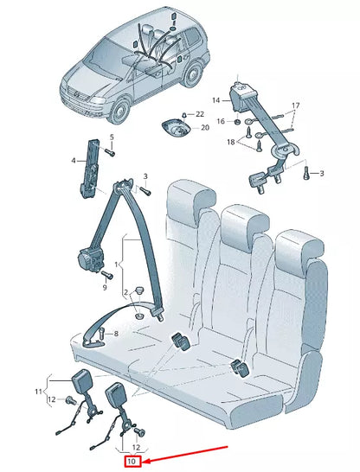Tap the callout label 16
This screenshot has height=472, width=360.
(x=221, y=122)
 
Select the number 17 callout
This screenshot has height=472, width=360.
(x=295, y=105)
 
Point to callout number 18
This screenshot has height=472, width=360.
(x=232, y=142)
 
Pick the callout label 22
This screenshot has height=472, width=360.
(x=200, y=113)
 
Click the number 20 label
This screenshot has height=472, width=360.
(x=204, y=128)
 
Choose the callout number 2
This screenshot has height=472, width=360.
(x=126, y=292)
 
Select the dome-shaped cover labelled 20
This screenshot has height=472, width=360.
(x=177, y=127)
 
